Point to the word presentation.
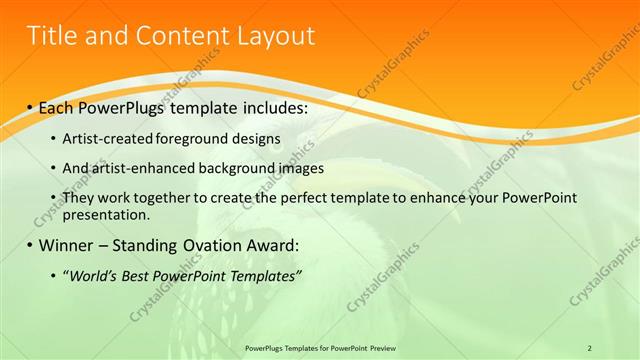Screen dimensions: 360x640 tap(106, 214)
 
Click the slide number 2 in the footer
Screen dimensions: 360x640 tap(590, 347)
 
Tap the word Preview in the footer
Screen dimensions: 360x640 tap(378, 347)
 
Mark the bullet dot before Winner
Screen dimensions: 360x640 tap(30, 245)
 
